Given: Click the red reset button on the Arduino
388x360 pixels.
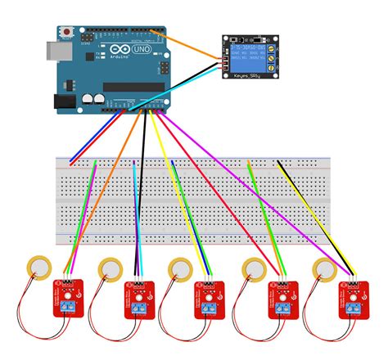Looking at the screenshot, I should coord(65,33).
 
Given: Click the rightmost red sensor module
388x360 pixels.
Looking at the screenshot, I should coord(353,300).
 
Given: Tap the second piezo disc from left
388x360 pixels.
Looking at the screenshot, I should coord(111,268).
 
